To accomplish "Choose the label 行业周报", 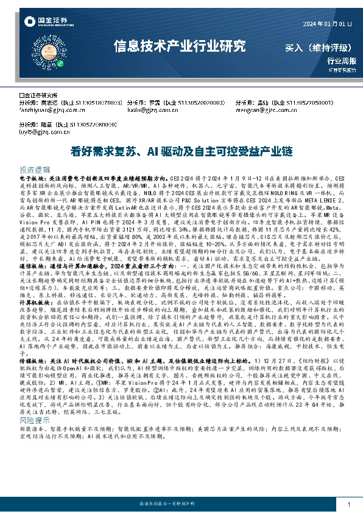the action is click(340, 61).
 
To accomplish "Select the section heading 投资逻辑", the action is click(35, 170).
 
